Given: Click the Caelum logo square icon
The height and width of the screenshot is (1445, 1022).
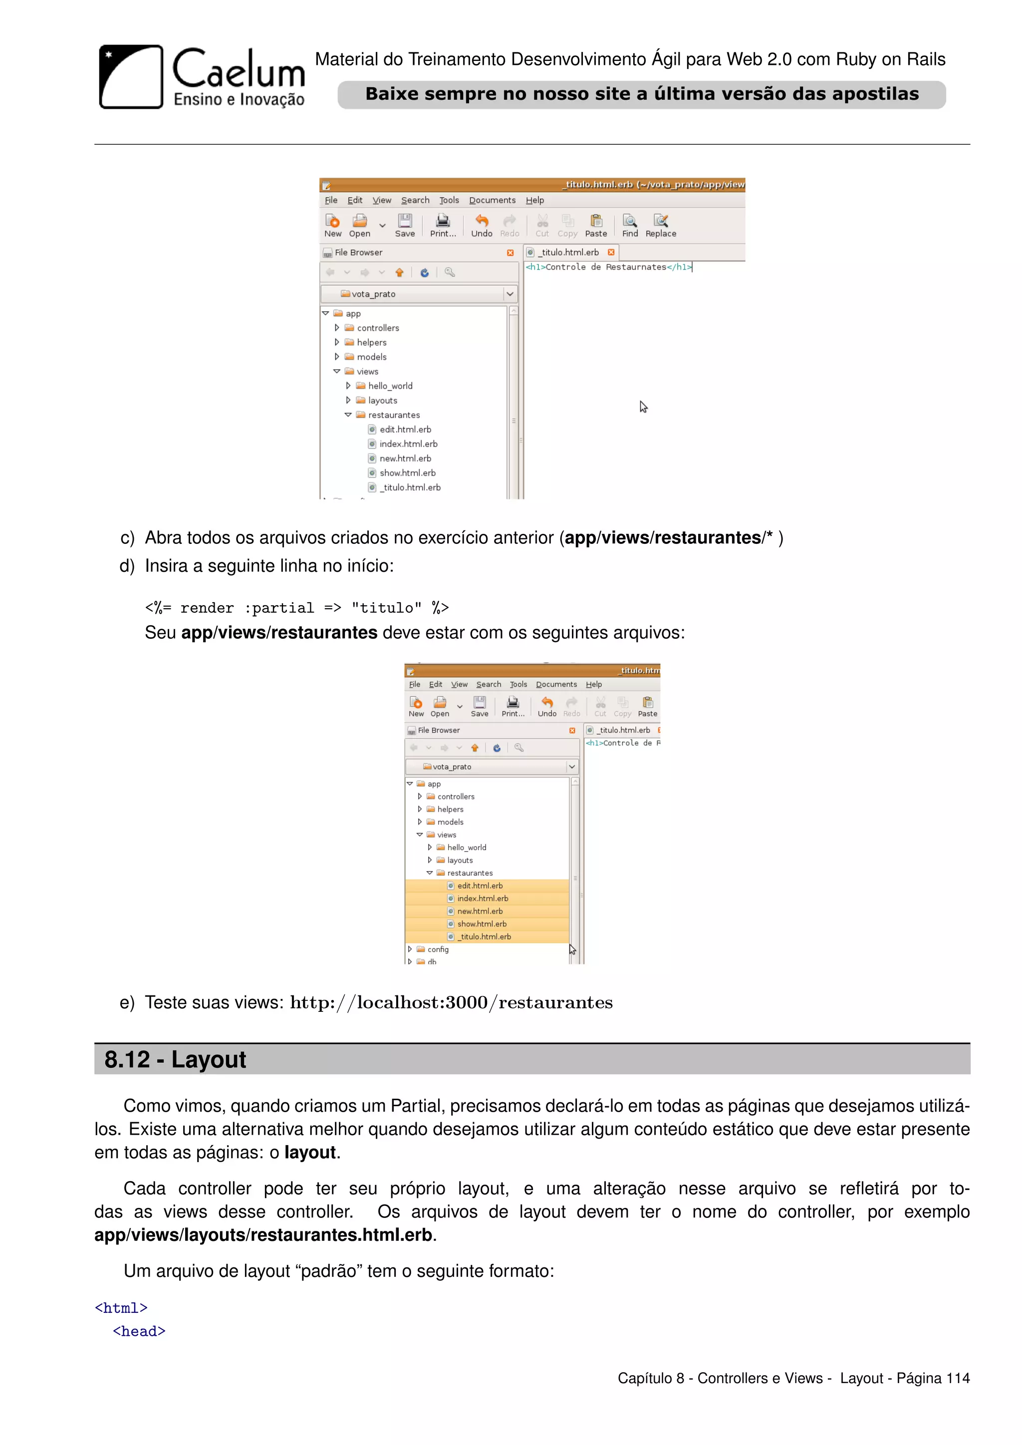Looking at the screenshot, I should point(131,76).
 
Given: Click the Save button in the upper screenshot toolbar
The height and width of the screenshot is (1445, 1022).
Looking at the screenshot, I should point(405,225).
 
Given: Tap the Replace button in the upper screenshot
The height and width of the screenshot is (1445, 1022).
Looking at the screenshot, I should point(660,225).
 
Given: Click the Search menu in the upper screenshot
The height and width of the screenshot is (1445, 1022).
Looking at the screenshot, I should point(415,200).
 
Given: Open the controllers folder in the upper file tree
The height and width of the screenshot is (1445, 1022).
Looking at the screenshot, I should point(378,328).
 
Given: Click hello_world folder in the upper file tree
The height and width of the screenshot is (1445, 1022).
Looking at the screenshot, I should point(390,386).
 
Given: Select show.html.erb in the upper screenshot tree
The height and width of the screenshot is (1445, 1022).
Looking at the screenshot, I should point(407,473).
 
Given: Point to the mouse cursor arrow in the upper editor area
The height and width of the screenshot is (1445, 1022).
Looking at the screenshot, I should point(643,407).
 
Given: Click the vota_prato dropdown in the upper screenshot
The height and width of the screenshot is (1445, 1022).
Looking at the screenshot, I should point(419,294).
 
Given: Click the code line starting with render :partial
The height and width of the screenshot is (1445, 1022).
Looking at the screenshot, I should point(296,608).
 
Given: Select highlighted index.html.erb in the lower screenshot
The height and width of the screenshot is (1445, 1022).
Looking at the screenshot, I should point(482,898).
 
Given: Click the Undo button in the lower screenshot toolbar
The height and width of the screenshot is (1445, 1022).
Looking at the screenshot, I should point(547,706).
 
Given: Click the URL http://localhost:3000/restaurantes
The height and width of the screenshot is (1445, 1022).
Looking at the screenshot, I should point(451,1002).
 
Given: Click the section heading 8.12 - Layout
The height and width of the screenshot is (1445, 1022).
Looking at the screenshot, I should point(175,1059).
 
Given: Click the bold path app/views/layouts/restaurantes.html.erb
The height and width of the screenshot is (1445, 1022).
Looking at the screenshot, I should point(263,1235).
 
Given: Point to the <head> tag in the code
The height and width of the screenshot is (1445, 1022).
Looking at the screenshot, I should point(139,1331).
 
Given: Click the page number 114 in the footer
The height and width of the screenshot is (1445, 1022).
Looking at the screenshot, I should point(957,1378).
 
